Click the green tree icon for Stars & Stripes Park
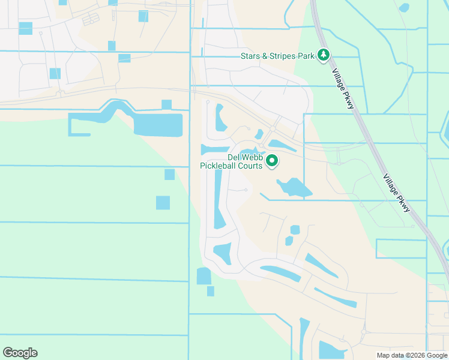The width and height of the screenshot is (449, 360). (x=324, y=56)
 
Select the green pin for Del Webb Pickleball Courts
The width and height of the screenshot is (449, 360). (x=272, y=161)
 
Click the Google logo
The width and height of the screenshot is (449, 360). (x=20, y=353)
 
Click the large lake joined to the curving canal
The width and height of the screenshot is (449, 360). (x=157, y=125)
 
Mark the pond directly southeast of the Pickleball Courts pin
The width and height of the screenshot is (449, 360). (x=294, y=188)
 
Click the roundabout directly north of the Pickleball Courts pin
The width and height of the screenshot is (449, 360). (x=273, y=130)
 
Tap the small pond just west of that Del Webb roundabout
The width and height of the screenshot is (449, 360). (x=259, y=134)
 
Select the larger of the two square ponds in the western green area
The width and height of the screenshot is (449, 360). (x=163, y=203)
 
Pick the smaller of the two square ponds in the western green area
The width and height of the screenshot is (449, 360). (x=169, y=175)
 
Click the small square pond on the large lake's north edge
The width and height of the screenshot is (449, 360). (x=166, y=105)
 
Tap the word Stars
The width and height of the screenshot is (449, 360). (x=250, y=56)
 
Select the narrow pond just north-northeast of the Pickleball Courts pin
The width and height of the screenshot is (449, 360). (x=282, y=145)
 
